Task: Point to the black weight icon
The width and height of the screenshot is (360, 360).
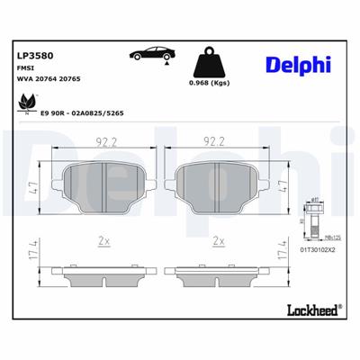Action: [209, 65]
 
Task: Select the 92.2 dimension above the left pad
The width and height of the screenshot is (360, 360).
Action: [107, 140]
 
